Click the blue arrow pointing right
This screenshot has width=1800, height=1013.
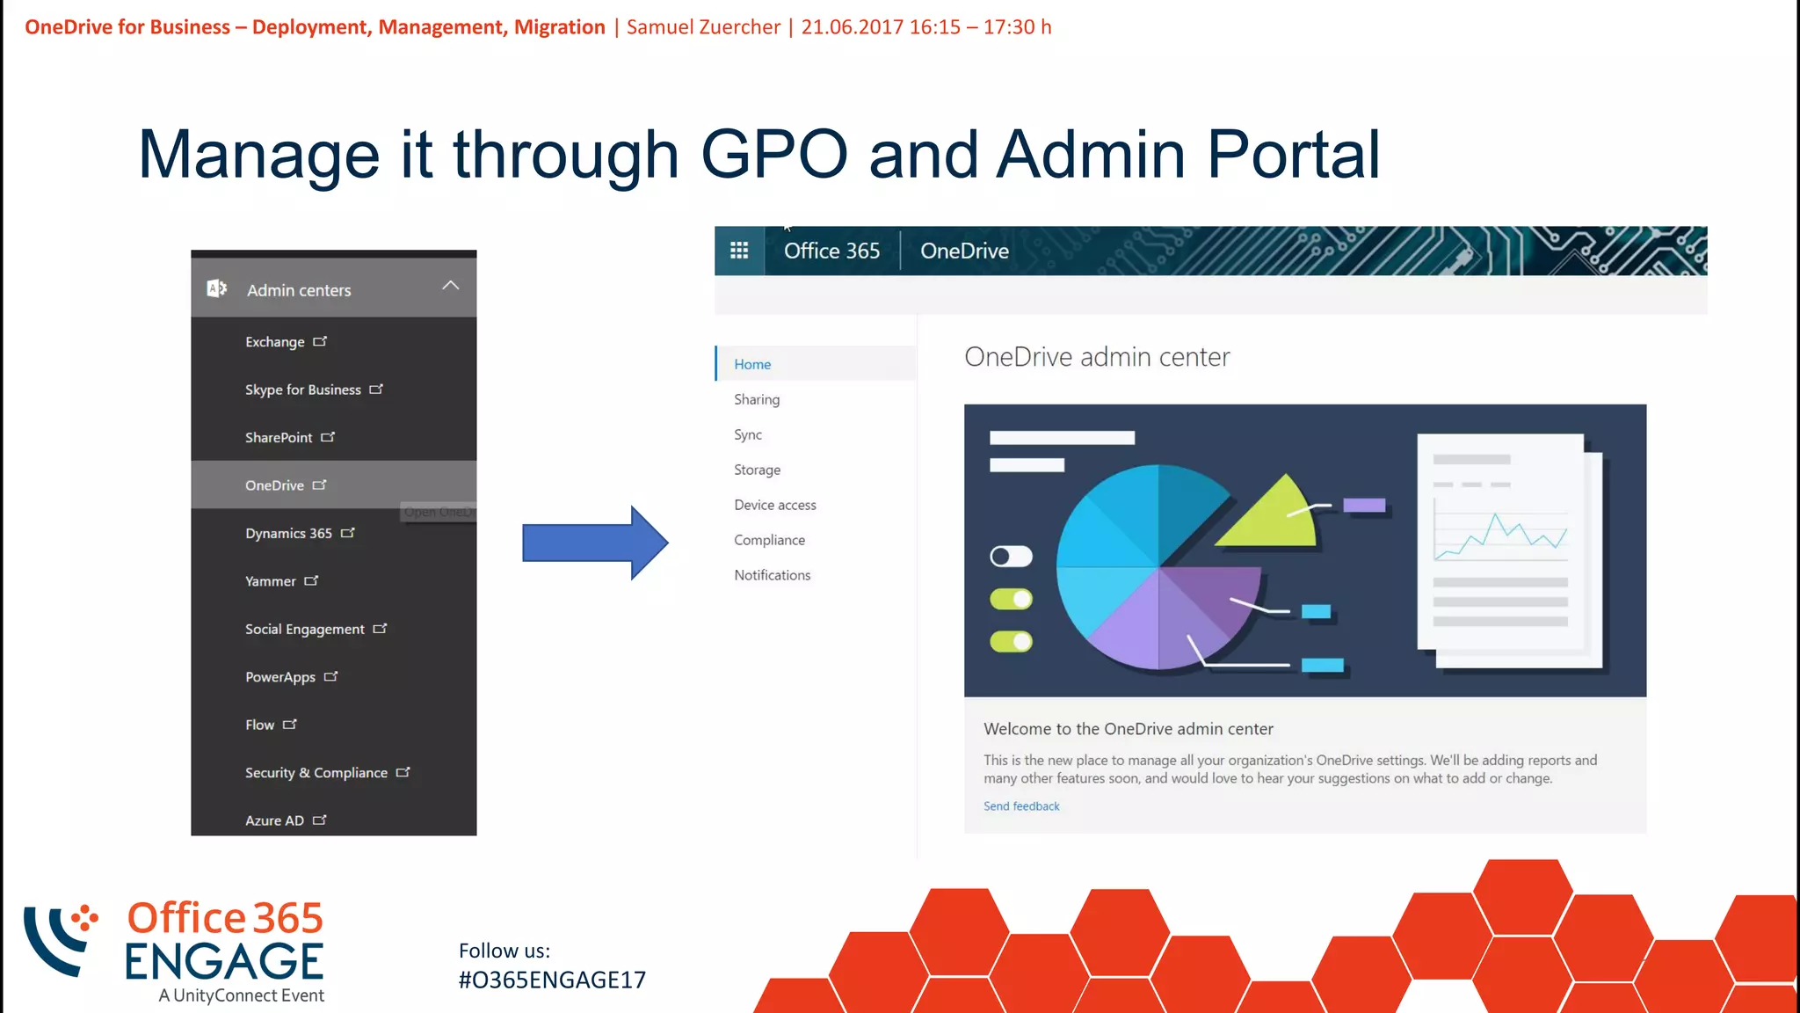pos(594,543)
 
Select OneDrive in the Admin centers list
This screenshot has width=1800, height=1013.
pos(275,485)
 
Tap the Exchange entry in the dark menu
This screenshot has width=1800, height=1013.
pos(275,342)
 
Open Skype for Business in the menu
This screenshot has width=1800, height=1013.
pos(303,390)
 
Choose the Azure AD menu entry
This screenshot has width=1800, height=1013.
pos(275,820)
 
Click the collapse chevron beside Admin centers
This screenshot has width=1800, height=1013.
pos(450,286)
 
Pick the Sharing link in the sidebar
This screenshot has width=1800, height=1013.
pos(757,399)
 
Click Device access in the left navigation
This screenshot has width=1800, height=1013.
pos(775,505)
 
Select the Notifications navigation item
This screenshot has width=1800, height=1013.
pos(773,575)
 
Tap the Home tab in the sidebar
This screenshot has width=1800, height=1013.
pos(752,364)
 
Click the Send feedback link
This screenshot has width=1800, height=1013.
pos(1021,806)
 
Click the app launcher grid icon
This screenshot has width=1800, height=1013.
pos(739,251)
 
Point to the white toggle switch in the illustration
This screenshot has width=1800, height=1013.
pos(1011,557)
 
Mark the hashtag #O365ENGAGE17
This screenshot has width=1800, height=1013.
pos(552,980)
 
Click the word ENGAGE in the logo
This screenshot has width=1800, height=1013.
pos(224,961)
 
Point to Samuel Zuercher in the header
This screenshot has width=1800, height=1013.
pos(703,27)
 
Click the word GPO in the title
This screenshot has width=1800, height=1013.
pos(773,155)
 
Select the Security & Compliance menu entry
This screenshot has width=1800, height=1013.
pos(316,773)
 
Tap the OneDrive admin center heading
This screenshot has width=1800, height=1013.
pos(1097,357)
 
